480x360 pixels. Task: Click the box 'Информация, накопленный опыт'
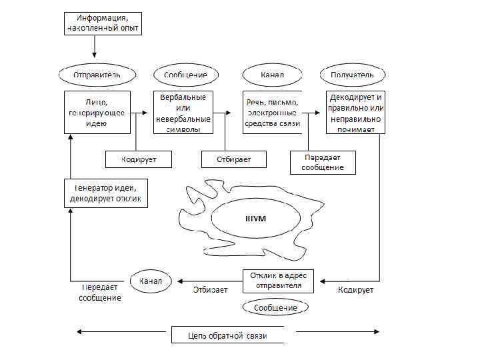(x=103, y=23)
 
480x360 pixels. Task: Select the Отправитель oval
(x=97, y=75)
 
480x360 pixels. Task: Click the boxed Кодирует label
(x=139, y=159)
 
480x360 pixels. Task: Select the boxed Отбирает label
(x=233, y=159)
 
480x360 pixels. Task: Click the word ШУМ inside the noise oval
(x=257, y=219)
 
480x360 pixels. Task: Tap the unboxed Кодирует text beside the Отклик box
(x=356, y=290)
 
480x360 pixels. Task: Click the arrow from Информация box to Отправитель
(x=95, y=47)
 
